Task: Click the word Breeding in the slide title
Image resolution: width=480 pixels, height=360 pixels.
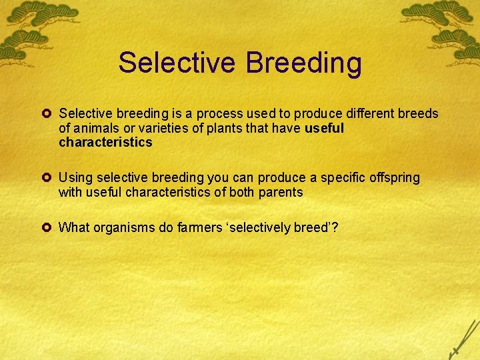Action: tap(303, 63)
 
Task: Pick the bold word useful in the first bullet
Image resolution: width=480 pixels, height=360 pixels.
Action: tap(324, 128)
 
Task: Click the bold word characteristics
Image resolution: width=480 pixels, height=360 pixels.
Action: tap(105, 142)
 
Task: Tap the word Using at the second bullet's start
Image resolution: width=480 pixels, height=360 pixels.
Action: tap(76, 178)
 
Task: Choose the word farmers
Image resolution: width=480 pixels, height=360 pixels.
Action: tap(201, 228)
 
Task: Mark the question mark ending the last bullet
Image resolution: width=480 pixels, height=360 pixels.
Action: tap(335, 228)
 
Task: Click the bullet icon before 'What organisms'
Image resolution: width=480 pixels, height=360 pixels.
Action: tap(49, 228)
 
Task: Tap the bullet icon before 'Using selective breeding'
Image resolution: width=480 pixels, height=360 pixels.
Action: tap(49, 178)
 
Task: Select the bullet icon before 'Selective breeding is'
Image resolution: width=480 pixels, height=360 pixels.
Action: tap(49, 114)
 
